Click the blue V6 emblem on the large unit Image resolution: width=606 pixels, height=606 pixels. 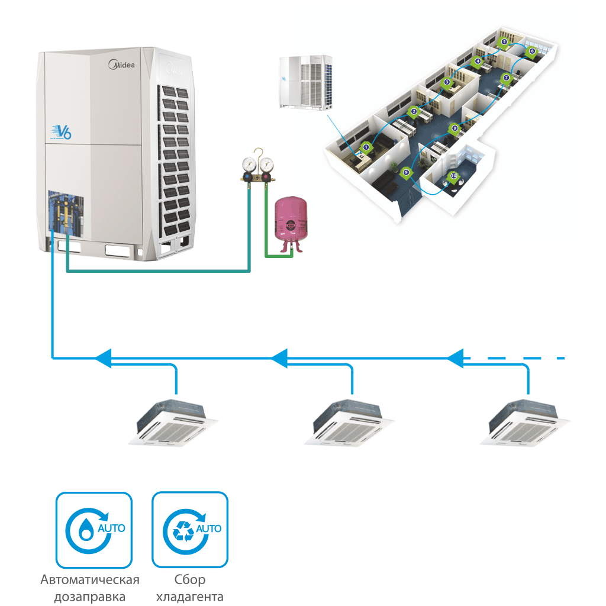[62, 131]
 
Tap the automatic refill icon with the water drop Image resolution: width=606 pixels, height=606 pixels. [94, 530]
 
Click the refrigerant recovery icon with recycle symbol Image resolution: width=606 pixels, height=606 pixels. [190, 530]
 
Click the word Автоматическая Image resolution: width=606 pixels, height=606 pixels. [90, 579]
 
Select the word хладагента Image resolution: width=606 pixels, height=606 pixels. [190, 596]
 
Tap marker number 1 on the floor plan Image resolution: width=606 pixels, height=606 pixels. [366, 146]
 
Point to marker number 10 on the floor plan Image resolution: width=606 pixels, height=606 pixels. [453, 176]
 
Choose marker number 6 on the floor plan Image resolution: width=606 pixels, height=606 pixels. [531, 51]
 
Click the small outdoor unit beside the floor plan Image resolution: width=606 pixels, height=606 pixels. [305, 82]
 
